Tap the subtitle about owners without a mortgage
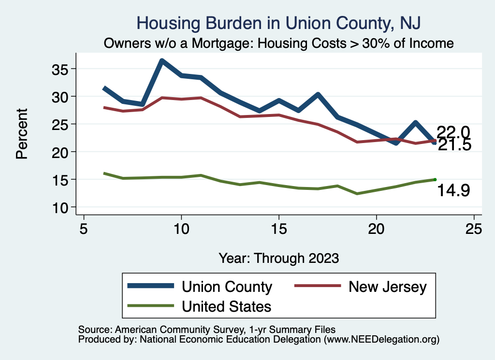click(x=279, y=43)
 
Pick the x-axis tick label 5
click(x=84, y=229)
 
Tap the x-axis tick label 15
click(x=278, y=229)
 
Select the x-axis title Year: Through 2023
click(x=278, y=258)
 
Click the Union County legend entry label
click(x=227, y=287)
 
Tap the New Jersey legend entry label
click(x=388, y=287)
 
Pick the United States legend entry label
click(x=226, y=306)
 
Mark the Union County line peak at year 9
click(x=162, y=61)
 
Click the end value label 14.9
click(x=453, y=191)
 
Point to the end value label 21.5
click(x=454, y=145)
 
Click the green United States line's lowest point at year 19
click(x=357, y=194)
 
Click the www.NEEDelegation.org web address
click(x=381, y=339)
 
